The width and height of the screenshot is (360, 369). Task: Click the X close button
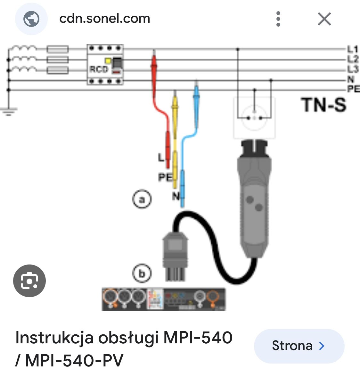point(324,19)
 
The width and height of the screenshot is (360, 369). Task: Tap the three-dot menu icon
point(278,19)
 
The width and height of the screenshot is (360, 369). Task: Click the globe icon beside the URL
point(31,19)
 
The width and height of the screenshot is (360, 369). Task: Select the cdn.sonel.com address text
point(105,18)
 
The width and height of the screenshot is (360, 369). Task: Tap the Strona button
point(299,346)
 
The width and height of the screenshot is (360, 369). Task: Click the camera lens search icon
point(29,281)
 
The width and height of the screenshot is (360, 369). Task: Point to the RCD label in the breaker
point(99,69)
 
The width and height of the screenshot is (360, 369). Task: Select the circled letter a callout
point(142,199)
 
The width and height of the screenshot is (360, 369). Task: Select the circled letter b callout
point(142,273)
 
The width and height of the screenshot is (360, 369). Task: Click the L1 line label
point(353,49)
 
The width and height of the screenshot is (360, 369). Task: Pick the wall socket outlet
point(254,117)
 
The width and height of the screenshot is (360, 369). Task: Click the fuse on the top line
point(58,49)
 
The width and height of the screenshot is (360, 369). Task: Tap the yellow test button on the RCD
point(108,61)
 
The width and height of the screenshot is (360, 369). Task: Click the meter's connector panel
point(164,299)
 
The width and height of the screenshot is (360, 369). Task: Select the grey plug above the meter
point(176,256)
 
